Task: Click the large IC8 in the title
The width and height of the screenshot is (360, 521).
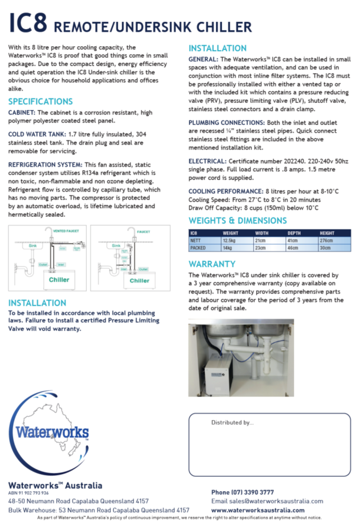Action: pos(28,24)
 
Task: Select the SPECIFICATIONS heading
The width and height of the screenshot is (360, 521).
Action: pos(40,102)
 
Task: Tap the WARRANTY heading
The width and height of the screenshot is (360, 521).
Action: pos(212,264)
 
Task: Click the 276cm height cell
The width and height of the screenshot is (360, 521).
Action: pos(327,240)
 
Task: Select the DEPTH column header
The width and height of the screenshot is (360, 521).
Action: pos(294,233)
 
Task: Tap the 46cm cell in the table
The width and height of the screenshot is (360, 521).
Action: pos(293,248)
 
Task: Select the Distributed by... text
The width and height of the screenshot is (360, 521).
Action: pos(232,422)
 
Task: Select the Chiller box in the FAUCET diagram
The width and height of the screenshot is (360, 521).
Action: pos(139,281)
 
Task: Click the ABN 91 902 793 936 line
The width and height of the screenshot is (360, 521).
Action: pos(28,493)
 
